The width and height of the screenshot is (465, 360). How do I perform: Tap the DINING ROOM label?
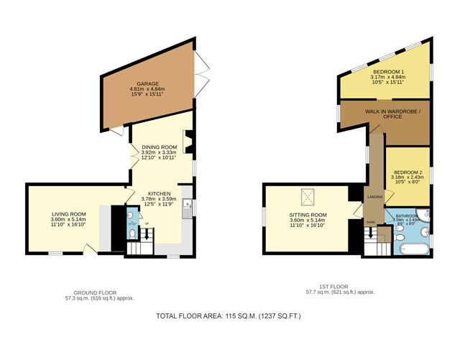pyautogui.click(x=159, y=147)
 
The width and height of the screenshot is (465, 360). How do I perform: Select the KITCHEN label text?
pyautogui.click(x=159, y=193)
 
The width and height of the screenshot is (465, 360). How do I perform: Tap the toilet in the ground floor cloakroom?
pyautogui.click(x=132, y=234)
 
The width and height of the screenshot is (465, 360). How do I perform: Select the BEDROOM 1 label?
pyautogui.click(x=387, y=72)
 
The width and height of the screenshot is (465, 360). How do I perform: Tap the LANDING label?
pyautogui.click(x=374, y=196)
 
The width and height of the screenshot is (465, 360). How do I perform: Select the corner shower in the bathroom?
pyautogui.click(x=425, y=215)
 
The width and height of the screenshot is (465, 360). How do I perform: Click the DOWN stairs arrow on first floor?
pyautogui.click(x=371, y=233)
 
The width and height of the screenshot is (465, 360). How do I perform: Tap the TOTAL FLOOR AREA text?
pyautogui.click(x=228, y=316)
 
